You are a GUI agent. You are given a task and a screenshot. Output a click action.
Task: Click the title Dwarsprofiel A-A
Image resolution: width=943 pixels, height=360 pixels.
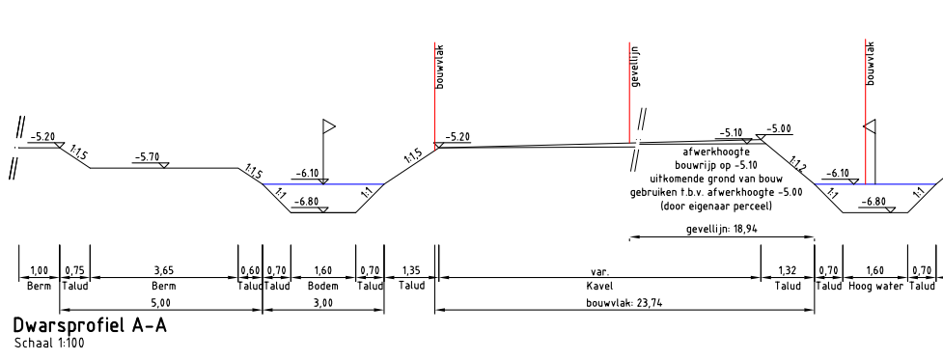pyautogui.click(x=90, y=326)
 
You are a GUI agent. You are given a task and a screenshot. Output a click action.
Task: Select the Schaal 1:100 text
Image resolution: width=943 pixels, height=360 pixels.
pyautogui.click(x=49, y=344)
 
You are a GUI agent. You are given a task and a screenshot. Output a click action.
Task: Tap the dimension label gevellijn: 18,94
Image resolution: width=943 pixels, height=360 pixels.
pyautogui.click(x=722, y=229)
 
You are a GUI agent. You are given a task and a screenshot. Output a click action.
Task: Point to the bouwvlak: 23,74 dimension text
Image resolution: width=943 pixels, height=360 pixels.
pyautogui.click(x=624, y=303)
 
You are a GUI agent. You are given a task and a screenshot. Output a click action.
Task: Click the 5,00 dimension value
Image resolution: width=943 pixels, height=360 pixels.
pyautogui.click(x=161, y=303)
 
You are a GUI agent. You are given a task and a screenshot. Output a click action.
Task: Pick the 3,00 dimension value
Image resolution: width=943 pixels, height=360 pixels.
pyautogui.click(x=323, y=303)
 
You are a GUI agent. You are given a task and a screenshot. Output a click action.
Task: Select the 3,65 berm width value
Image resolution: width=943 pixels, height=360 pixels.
pyautogui.click(x=164, y=271)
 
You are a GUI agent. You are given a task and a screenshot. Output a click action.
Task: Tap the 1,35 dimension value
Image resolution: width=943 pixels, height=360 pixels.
pyautogui.click(x=411, y=271)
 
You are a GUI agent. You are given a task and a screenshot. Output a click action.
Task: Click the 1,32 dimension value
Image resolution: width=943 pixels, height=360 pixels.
pyautogui.click(x=788, y=271)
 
